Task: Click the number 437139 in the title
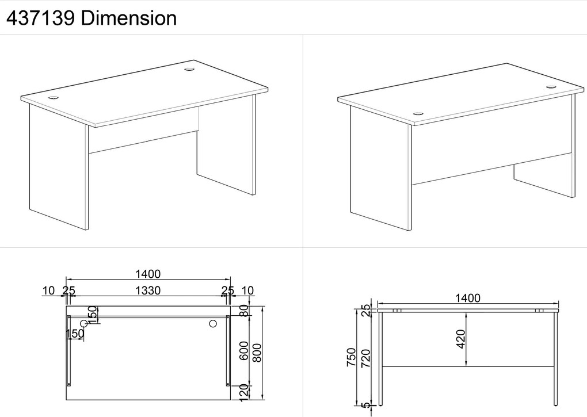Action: click(40, 18)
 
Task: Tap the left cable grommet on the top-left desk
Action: click(54, 98)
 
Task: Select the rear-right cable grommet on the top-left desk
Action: click(189, 69)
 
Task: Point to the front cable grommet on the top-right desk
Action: click(418, 114)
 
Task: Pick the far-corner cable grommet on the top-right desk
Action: click(551, 87)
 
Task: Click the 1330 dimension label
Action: click(148, 290)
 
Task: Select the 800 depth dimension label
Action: click(257, 353)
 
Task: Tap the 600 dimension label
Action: click(243, 351)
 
